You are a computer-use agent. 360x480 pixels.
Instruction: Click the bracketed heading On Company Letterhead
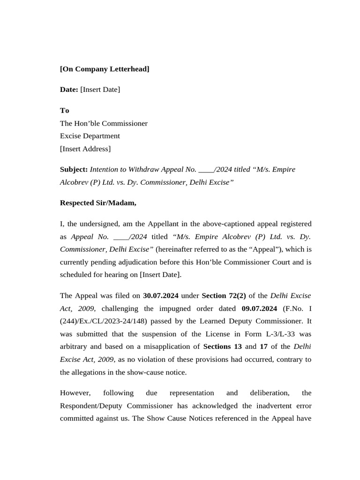click(x=105, y=69)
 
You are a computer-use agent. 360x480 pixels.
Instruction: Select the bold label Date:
click(x=69, y=89)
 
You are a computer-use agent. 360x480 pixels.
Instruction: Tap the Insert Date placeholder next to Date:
click(x=100, y=89)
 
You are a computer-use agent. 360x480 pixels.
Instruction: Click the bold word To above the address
click(x=64, y=110)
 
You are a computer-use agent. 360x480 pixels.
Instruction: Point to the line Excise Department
click(x=90, y=136)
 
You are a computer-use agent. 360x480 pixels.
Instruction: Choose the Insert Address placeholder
click(x=85, y=149)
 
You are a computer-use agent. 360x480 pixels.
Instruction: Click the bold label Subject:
click(x=74, y=169)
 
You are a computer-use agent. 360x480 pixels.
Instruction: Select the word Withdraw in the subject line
click(x=143, y=169)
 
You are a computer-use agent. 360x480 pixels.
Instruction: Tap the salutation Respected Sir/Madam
click(x=98, y=202)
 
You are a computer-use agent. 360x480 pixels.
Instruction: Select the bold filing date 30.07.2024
click(x=161, y=295)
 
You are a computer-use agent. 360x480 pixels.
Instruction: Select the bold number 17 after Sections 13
click(x=263, y=346)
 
